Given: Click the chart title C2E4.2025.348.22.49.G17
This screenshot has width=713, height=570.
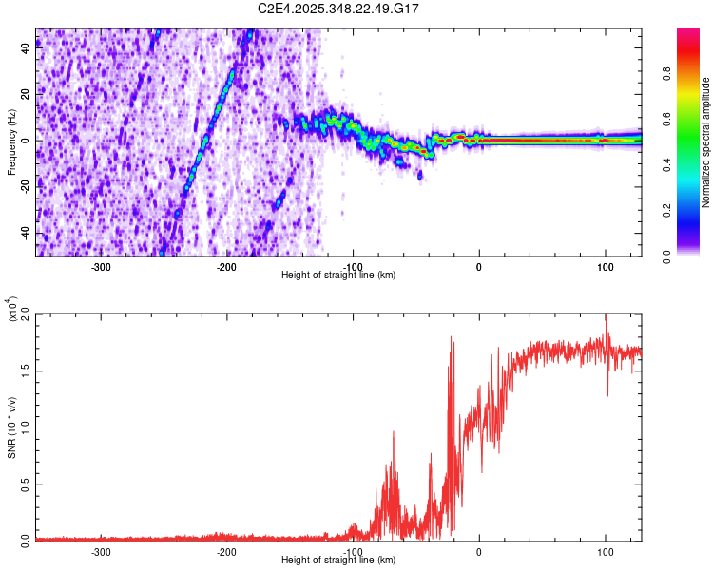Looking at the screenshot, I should [x=339, y=9].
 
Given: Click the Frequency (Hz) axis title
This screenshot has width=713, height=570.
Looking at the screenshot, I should [x=11, y=142].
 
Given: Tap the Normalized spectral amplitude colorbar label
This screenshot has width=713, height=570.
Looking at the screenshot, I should [x=706, y=142].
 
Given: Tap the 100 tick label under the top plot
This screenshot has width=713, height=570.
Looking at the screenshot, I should [x=606, y=267].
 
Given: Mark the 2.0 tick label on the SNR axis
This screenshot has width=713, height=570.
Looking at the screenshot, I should [x=26, y=313].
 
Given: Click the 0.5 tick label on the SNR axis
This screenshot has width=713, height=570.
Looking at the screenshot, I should [x=26, y=483].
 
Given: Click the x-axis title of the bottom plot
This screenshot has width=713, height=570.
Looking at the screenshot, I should [x=338, y=560].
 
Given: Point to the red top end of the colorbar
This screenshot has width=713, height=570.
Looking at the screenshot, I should [x=687, y=34].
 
